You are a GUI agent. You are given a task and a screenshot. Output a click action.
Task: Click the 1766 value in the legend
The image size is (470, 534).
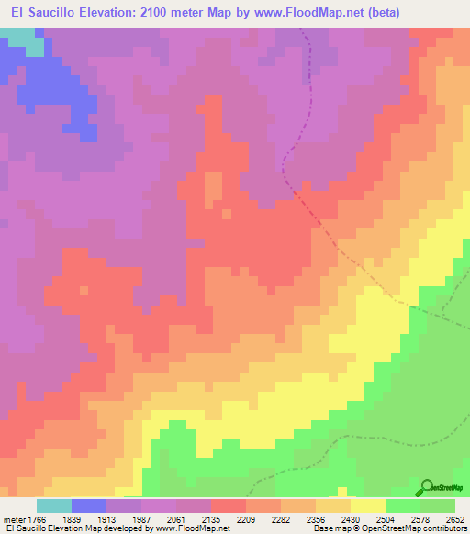[x=34, y=519]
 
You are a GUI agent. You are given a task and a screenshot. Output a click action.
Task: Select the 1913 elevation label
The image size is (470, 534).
[x=105, y=519]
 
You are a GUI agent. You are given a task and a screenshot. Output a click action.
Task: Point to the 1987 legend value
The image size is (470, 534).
[x=140, y=519]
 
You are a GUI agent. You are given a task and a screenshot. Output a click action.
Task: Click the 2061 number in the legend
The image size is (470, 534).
[x=174, y=519]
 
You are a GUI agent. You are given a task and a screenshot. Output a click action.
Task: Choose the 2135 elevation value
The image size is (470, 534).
[x=209, y=519]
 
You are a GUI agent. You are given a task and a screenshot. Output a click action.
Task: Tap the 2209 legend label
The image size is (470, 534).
[x=244, y=519]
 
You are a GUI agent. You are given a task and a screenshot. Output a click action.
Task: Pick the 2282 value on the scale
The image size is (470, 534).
[x=279, y=519]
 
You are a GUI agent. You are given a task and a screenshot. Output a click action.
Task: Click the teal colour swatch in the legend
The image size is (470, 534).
[x=54, y=506]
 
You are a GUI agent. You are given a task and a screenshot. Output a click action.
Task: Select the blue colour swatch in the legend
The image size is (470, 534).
[x=89, y=506]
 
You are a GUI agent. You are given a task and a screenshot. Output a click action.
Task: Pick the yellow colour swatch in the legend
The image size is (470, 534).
[x=368, y=506]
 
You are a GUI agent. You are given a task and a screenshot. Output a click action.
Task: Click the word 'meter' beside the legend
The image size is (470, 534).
[x=14, y=519]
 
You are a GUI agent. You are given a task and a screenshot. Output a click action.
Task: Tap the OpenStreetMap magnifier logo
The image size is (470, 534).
[x=427, y=487]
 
